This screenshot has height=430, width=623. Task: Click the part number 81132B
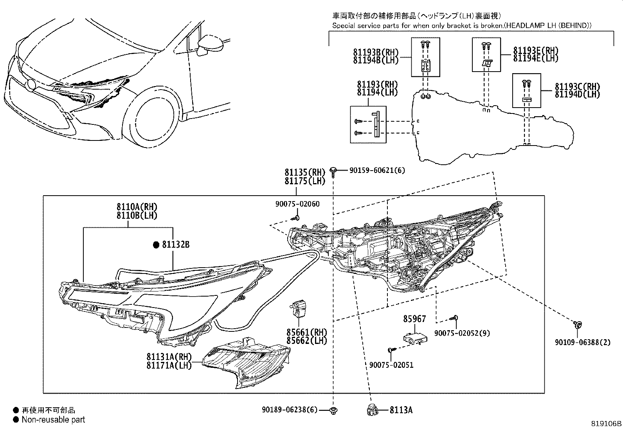coord(176,245)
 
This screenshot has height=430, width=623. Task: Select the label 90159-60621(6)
coord(377,170)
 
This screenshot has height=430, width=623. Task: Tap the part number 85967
coord(414,319)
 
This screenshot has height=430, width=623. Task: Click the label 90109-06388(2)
coord(582,342)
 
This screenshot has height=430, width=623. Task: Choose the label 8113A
coord(401,410)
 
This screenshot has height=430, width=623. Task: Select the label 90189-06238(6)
coord(290,410)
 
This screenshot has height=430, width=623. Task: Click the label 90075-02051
coord(391,365)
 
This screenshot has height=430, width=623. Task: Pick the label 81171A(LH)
coord(169,365)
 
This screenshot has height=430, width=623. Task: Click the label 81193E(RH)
coord(536,50)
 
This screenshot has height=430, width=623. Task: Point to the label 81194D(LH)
coord(577,95)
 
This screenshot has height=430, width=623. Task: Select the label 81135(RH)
coord(305,173)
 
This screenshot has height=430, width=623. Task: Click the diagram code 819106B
coord(606,424)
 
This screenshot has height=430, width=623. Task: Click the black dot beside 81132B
coord(156,245)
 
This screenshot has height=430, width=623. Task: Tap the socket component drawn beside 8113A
coord(371,410)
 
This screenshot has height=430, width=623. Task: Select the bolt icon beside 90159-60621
coord(333,171)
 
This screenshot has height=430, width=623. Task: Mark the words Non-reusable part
coord(53,420)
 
